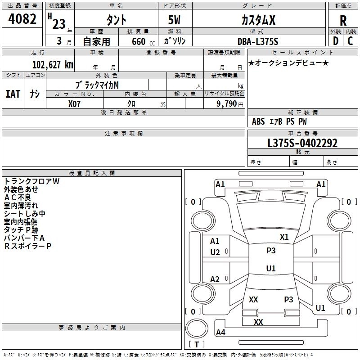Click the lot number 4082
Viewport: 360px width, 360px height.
tap(22, 19)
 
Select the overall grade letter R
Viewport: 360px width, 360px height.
tap(343, 21)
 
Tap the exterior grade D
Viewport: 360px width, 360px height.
tap(336, 41)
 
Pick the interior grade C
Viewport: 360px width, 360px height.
tap(350, 41)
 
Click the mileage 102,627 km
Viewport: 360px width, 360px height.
tap(53, 64)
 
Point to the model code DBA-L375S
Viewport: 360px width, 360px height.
tap(258, 41)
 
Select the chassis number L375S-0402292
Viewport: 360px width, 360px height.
tap(302, 143)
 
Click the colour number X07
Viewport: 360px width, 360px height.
tap(74, 104)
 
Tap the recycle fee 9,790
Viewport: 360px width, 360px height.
tap(227, 104)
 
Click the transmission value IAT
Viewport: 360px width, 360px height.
tap(13, 94)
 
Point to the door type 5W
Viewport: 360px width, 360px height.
tap(174, 20)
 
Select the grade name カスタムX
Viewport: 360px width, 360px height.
tap(258, 20)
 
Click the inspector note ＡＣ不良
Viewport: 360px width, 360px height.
tap(18, 198)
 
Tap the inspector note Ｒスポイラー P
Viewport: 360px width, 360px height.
tap(27, 246)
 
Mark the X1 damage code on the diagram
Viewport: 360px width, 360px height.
tap(284, 237)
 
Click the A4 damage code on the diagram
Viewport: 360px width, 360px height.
tap(220, 332)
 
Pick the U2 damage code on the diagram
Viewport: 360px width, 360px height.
tap(215, 252)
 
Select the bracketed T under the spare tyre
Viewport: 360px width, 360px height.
tap(197, 344)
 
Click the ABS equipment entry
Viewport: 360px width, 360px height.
tap(258, 121)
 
